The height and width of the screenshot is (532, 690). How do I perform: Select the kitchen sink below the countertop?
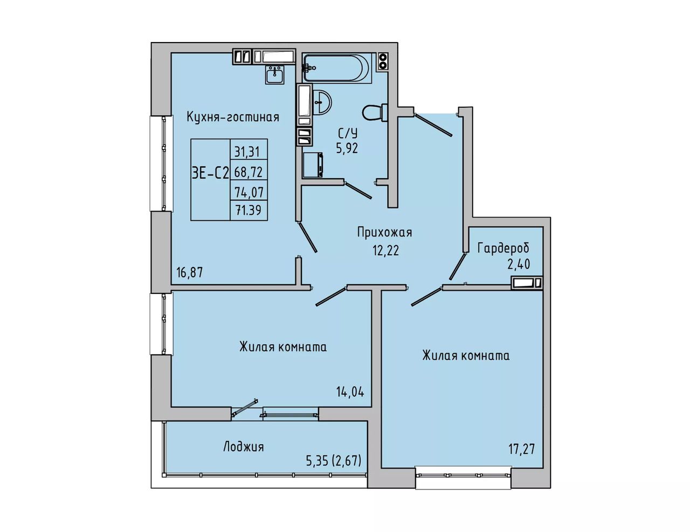[275, 74]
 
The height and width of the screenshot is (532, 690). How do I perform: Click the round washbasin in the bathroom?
[322, 103]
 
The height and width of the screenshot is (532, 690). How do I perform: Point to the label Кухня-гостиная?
[233, 117]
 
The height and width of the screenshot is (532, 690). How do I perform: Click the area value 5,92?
[347, 148]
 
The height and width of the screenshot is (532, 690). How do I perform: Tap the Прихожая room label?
[384, 233]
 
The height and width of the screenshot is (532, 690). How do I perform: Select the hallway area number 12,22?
[386, 250]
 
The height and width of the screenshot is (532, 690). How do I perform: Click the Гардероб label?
[503, 248]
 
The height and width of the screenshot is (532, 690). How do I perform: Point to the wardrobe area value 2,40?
[519, 264]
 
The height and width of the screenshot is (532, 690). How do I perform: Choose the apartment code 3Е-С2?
[210, 174]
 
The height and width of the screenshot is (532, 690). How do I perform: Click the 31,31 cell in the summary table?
[247, 152]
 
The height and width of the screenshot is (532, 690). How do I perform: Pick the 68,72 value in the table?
[249, 172]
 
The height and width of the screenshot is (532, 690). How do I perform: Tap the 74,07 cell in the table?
[249, 192]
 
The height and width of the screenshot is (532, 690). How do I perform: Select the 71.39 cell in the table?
[248, 210]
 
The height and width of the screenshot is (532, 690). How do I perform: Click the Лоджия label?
[244, 447]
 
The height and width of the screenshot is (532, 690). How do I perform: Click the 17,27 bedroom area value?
[522, 449]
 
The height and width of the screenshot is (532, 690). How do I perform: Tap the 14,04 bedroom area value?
[350, 392]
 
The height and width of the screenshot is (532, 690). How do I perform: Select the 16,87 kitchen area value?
[190, 272]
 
